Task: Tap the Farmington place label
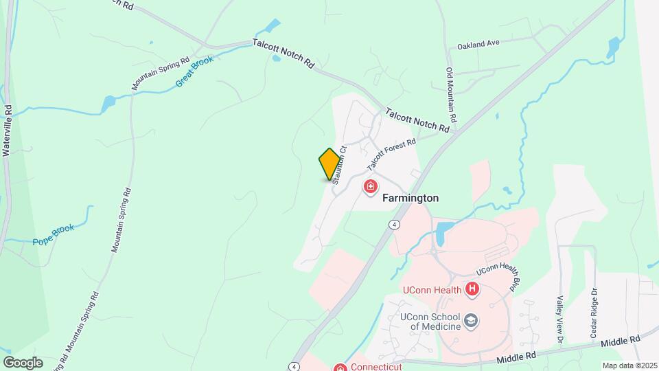[x=410, y=198]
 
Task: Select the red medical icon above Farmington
[x=371, y=186]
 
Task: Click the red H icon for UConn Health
[x=472, y=290]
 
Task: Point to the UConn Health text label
[x=432, y=290]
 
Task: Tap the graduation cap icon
[x=472, y=320]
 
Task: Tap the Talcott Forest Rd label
[x=392, y=155]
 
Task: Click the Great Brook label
[x=195, y=70]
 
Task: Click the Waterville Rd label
[x=8, y=130]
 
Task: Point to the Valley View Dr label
[x=560, y=320]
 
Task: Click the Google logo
[x=22, y=363]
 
